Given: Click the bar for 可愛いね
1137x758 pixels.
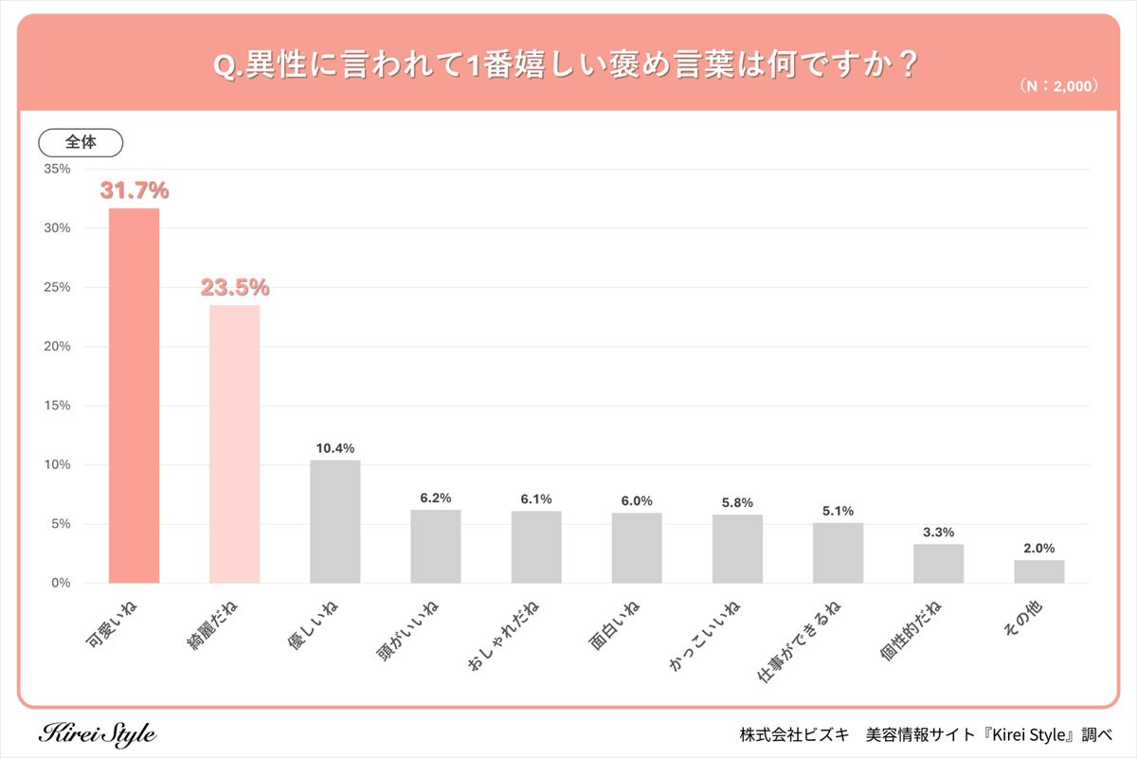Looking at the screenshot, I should (134, 395).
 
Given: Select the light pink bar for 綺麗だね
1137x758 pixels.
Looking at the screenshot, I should (234, 443).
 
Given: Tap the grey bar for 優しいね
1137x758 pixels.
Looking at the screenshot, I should (334, 521).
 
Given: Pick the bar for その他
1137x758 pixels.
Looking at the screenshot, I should (1038, 571).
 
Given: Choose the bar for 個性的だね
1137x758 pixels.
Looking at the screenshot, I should (938, 563).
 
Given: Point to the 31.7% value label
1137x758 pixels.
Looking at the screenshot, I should (135, 190).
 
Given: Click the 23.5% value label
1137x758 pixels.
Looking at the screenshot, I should (235, 287).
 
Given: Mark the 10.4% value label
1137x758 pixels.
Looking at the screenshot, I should (335, 447).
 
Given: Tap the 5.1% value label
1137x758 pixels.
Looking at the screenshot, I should (838, 511).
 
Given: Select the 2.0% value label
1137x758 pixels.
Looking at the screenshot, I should (1038, 548).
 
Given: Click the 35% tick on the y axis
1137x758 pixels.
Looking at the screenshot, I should (57, 169).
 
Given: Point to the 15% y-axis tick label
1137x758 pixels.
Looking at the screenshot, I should (57, 406).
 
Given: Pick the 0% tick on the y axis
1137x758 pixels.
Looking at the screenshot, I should (61, 583).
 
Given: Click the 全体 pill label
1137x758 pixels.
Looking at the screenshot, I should (81, 142).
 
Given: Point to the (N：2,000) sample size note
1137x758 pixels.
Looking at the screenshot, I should (1058, 85).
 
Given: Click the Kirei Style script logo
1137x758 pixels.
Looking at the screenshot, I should (99, 734).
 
